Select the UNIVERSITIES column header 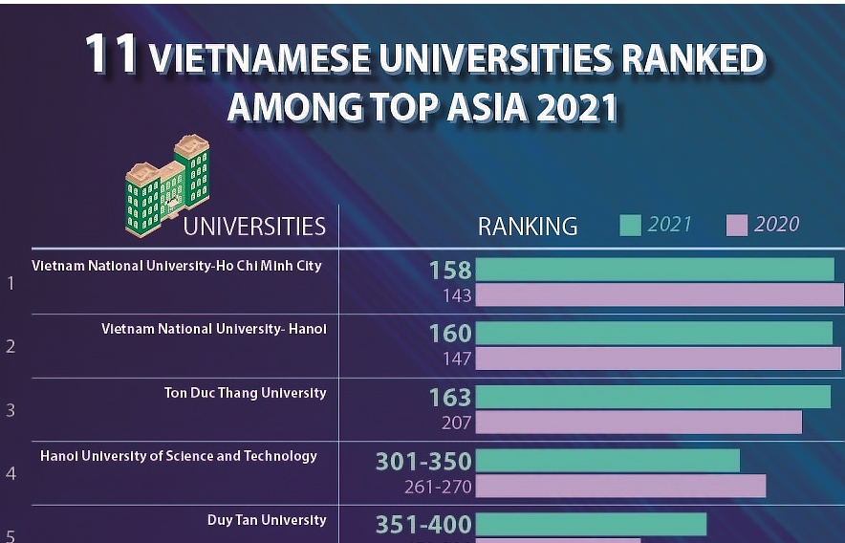click(x=254, y=227)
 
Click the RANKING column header click(x=528, y=227)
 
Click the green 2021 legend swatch click(x=630, y=226)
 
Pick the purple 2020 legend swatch click(x=736, y=226)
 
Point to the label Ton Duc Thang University click(x=245, y=393)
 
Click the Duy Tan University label click(x=267, y=520)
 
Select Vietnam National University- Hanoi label click(x=214, y=329)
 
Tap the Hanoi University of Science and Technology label click(x=179, y=456)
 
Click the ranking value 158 click(x=450, y=271)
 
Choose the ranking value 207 click(x=457, y=422)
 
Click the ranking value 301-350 click(x=423, y=462)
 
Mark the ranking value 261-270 click(x=438, y=487)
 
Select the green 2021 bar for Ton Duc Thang click(x=653, y=397)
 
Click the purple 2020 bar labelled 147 click(x=658, y=358)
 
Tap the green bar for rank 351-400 click(x=591, y=524)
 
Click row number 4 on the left click(x=11, y=472)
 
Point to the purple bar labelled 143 click(x=660, y=295)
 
